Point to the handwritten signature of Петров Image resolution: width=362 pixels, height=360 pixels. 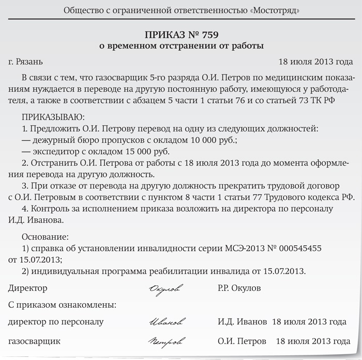coord(165,342)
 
